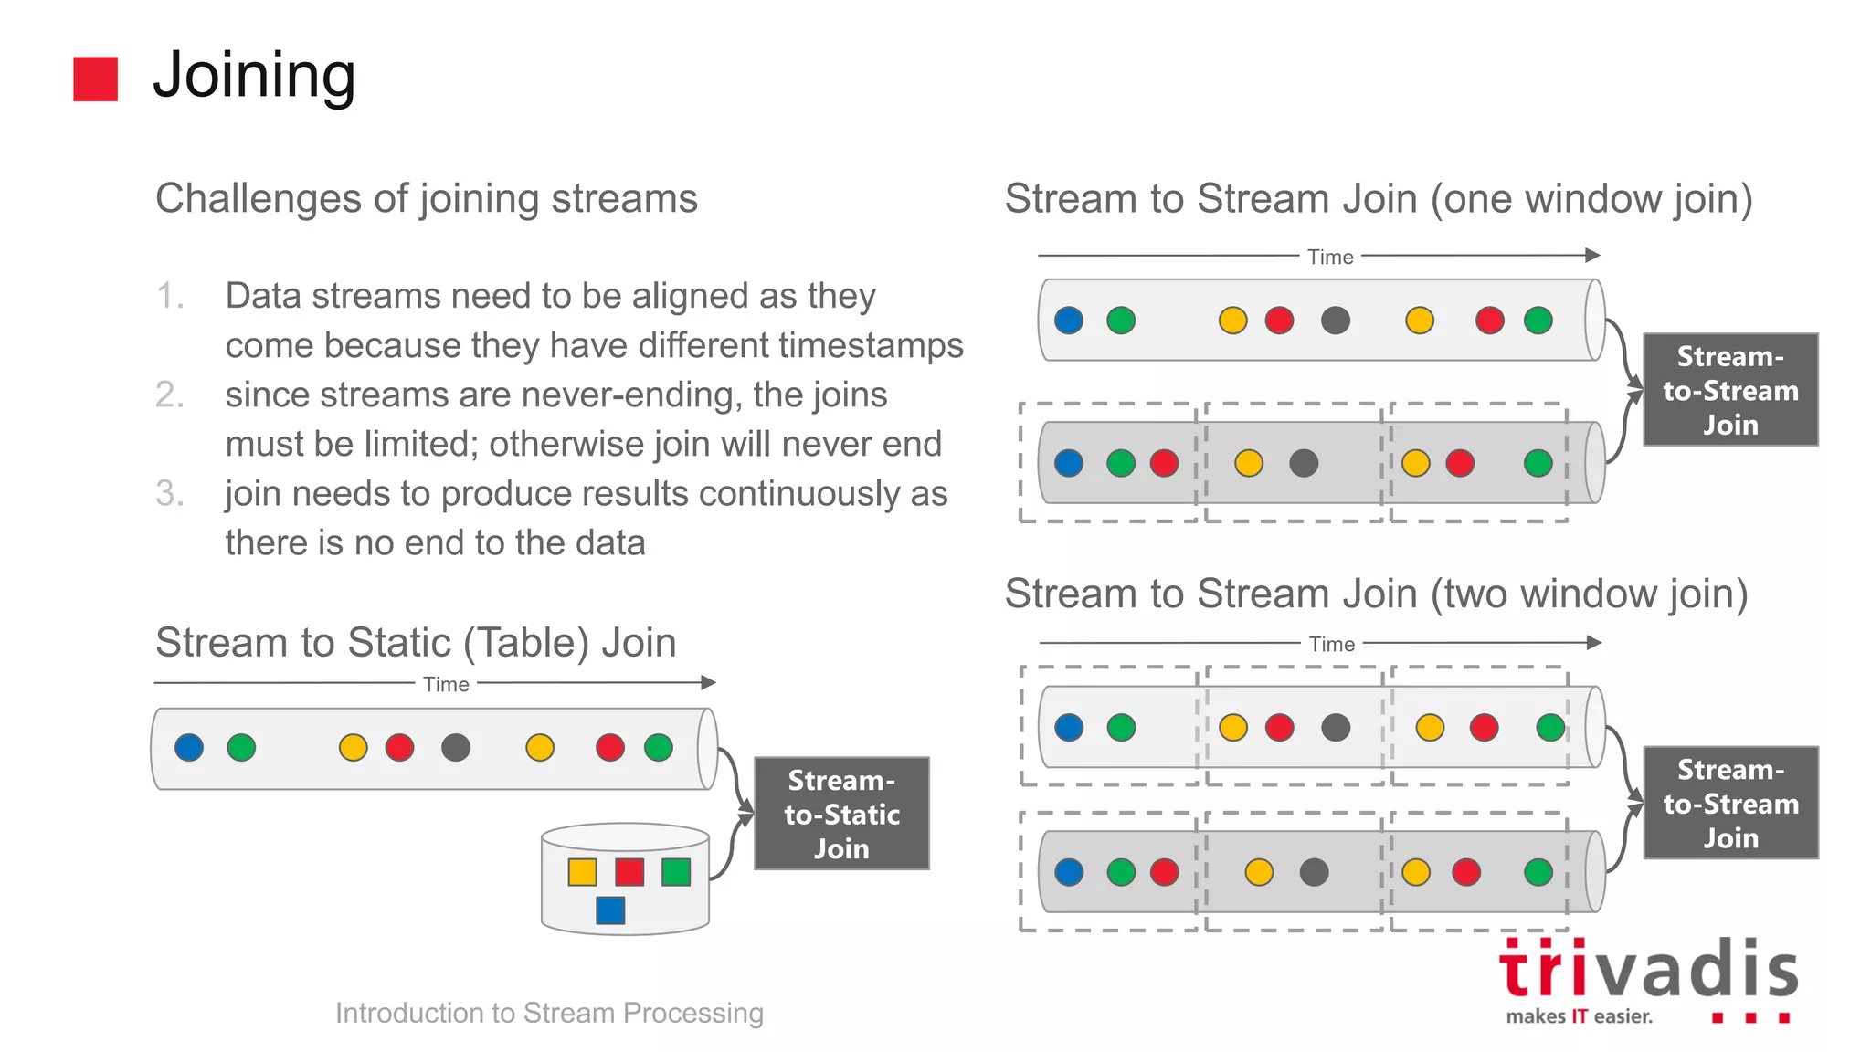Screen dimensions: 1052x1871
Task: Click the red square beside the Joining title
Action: point(95,79)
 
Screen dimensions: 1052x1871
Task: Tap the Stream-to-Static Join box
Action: point(840,814)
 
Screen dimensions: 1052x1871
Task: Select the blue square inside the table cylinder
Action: point(610,910)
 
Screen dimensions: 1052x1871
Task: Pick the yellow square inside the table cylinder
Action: point(582,872)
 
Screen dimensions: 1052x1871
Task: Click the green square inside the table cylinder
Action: point(676,872)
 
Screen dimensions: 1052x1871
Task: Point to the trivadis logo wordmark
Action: point(1648,970)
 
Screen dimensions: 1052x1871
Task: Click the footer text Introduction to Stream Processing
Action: point(549,1013)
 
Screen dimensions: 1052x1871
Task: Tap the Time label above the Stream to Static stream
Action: point(446,684)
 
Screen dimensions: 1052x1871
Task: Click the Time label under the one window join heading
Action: point(1330,257)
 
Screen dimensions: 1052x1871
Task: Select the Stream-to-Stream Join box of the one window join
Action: point(1730,390)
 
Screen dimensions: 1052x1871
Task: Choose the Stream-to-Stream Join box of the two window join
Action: point(1730,804)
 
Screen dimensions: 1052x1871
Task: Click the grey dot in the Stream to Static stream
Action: point(456,748)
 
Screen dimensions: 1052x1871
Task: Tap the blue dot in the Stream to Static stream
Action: point(189,748)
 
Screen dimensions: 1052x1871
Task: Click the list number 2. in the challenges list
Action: point(170,394)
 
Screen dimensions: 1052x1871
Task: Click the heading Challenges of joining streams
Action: point(427,198)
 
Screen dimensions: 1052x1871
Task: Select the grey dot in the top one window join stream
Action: point(1336,321)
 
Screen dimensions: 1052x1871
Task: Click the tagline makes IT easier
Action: point(1579,1016)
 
